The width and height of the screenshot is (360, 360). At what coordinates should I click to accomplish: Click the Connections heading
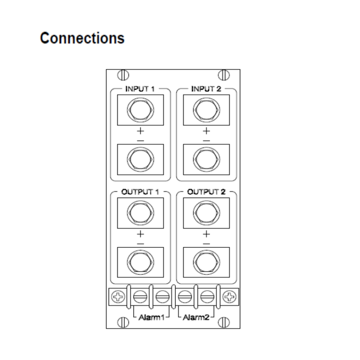(82, 38)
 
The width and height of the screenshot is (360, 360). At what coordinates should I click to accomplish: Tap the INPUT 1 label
(140, 89)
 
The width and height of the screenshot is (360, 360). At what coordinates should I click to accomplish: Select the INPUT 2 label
(206, 89)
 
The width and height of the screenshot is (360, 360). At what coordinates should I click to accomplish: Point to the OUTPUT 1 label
(140, 193)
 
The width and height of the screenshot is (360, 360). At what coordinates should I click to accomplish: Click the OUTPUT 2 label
(206, 193)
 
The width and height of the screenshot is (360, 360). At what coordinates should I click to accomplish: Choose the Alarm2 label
(196, 316)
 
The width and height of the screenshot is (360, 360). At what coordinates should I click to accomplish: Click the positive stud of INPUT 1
(140, 111)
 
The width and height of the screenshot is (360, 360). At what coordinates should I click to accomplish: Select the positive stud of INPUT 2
(206, 111)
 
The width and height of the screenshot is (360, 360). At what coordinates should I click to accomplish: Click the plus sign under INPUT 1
(140, 131)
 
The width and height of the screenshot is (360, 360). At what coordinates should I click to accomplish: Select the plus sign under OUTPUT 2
(206, 234)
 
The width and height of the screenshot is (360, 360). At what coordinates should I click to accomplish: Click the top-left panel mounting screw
(122, 75)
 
